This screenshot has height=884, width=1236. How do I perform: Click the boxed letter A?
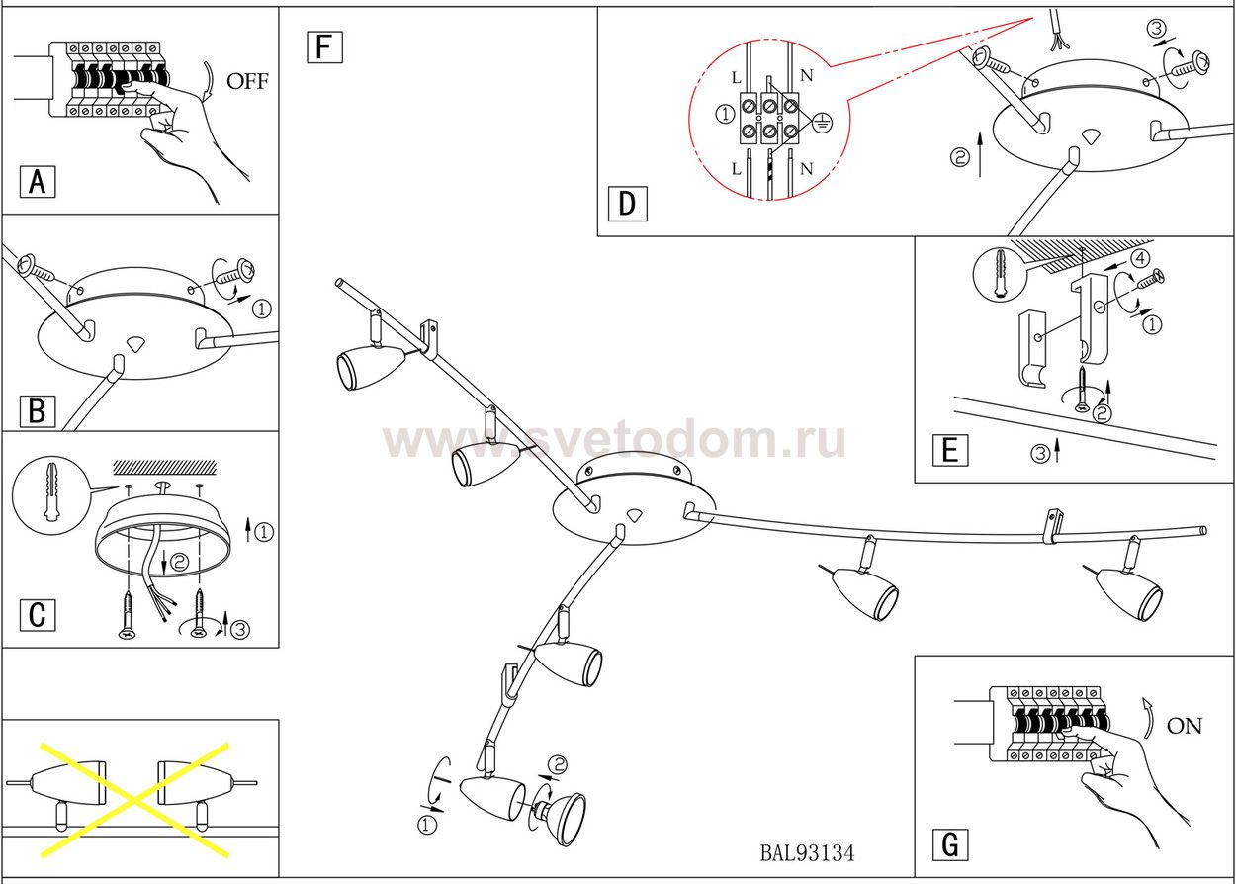point(38,182)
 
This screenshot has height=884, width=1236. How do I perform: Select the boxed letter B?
point(38,409)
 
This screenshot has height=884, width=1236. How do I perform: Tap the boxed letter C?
point(38,614)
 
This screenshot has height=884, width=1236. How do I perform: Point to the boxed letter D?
point(627,204)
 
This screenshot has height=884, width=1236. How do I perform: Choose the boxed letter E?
point(949,450)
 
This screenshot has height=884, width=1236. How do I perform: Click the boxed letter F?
point(324,46)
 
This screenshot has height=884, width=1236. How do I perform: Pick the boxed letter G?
point(949,845)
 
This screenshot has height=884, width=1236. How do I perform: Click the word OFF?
point(247,82)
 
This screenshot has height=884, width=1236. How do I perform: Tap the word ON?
point(1185,727)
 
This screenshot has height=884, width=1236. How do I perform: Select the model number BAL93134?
point(808,852)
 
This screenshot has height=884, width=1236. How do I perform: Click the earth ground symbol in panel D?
point(823,124)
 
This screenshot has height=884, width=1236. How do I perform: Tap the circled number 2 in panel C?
point(179,562)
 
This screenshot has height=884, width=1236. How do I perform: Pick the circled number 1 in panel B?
point(261,309)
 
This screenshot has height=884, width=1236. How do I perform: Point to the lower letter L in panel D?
point(736,169)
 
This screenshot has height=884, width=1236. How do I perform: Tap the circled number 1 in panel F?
point(427,824)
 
